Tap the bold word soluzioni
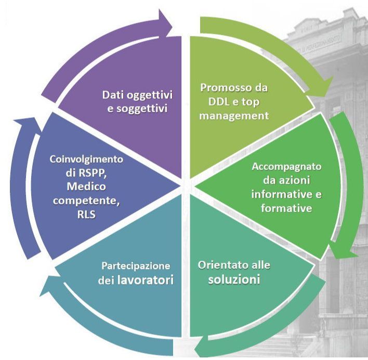pos(234,279)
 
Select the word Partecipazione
pos(136,266)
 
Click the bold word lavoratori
pos(147,280)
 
